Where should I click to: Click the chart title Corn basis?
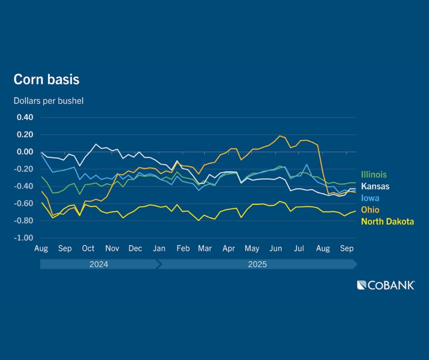pyautogui.click(x=46, y=79)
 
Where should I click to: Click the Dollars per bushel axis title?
pyautogui.click(x=48, y=101)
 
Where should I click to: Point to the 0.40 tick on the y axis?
pyautogui.click(x=25, y=117)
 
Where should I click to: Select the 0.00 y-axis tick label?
pyautogui.click(x=25, y=152)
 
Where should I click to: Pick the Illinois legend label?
pyautogui.click(x=374, y=175)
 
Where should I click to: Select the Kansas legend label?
pyautogui.click(x=375, y=186)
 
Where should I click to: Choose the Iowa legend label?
pyautogui.click(x=370, y=198)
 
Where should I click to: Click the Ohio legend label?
pyautogui.click(x=370, y=210)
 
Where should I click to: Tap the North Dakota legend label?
pyautogui.click(x=387, y=222)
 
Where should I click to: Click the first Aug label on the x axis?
pyautogui.click(x=42, y=249)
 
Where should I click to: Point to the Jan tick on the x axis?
pyautogui.click(x=159, y=249)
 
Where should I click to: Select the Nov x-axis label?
pyautogui.click(x=112, y=249)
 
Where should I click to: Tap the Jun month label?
pyautogui.click(x=276, y=249)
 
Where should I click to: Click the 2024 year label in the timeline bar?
pyautogui.click(x=99, y=265)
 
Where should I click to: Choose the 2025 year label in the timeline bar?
pyautogui.click(x=258, y=265)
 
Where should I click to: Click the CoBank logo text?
pyautogui.click(x=386, y=286)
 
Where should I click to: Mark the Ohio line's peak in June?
pyautogui.click(x=280, y=136)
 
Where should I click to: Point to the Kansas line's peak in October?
pyautogui.click(x=96, y=144)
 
